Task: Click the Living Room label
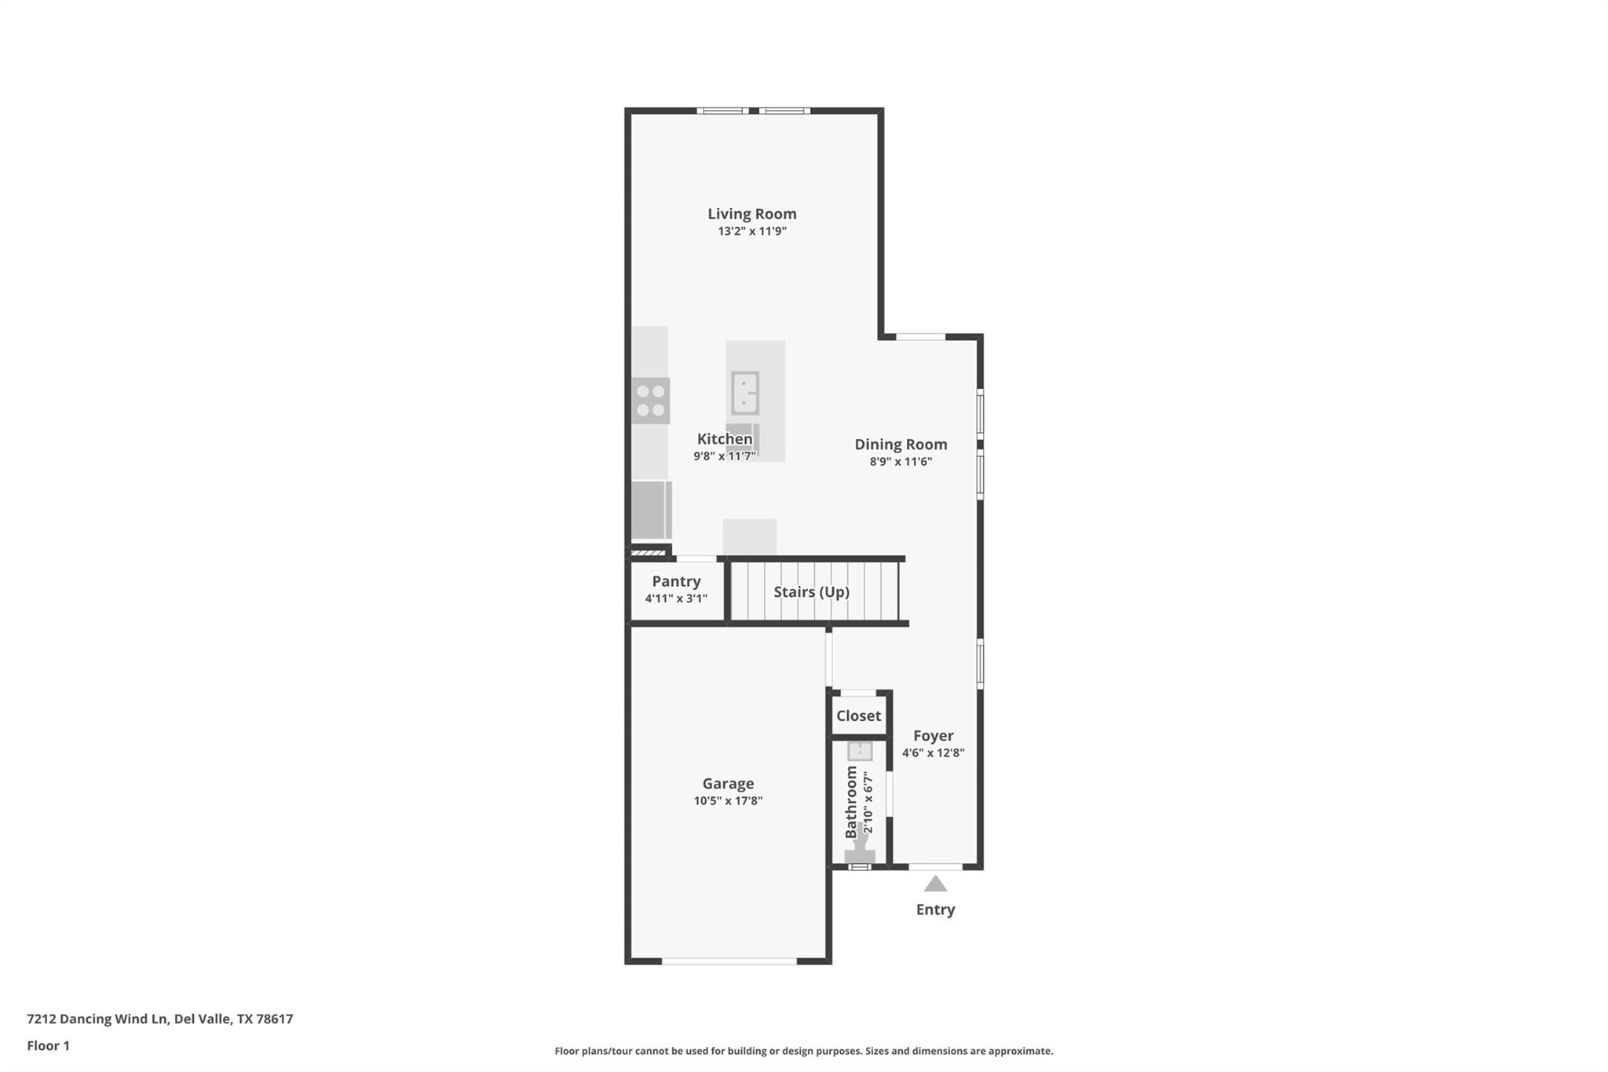click(751, 214)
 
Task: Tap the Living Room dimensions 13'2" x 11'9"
click(751, 232)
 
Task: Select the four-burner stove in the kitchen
click(650, 401)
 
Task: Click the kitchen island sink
click(744, 393)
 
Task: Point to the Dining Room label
click(901, 445)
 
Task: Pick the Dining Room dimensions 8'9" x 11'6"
click(901, 462)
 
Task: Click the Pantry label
click(676, 582)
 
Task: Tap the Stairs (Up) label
click(811, 592)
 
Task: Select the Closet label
click(858, 716)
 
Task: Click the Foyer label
click(933, 736)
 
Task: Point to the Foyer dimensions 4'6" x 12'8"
click(933, 753)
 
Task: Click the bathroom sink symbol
click(860, 751)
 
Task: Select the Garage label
click(728, 784)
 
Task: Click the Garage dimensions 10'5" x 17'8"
click(728, 801)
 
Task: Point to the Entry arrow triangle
click(935, 884)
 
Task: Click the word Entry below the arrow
click(935, 909)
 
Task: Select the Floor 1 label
click(48, 1046)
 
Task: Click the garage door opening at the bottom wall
click(729, 961)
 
